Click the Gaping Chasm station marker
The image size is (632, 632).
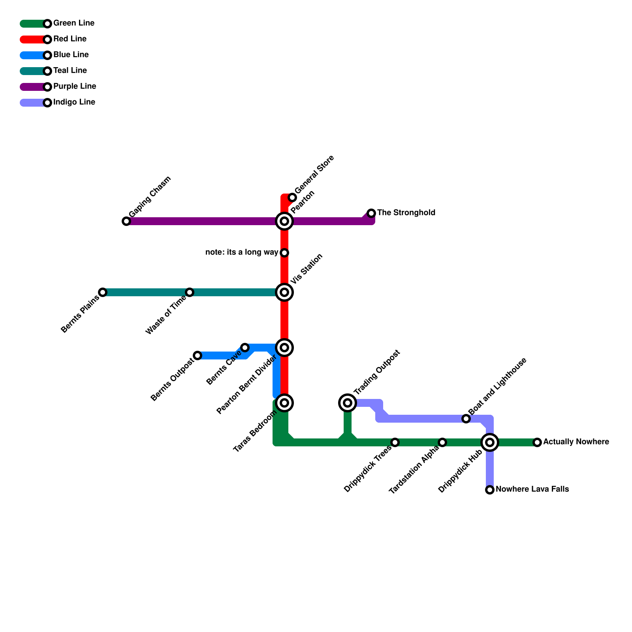(x=126, y=221)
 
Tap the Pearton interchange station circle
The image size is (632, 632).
(x=284, y=221)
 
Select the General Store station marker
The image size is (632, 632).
(x=292, y=197)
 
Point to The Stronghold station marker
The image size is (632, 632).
(x=371, y=213)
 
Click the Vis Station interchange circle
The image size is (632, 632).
(x=284, y=292)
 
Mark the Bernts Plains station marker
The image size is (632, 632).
(x=103, y=292)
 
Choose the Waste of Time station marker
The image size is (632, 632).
(x=190, y=292)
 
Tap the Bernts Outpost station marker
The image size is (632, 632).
(x=197, y=355)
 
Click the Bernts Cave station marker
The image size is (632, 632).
(x=245, y=348)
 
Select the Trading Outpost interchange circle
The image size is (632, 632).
(x=348, y=403)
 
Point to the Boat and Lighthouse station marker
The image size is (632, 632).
(x=466, y=419)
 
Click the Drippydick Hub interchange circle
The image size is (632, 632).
(x=490, y=442)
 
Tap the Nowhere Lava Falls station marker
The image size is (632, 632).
(x=490, y=490)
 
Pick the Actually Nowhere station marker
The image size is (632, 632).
(x=537, y=442)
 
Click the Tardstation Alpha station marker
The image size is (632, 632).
(x=442, y=442)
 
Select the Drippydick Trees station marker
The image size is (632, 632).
(x=395, y=442)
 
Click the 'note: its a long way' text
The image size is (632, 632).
(x=242, y=252)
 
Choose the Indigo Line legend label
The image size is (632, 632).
(x=74, y=102)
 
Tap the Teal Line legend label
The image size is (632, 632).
(x=70, y=71)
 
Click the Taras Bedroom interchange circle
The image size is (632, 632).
(x=284, y=403)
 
